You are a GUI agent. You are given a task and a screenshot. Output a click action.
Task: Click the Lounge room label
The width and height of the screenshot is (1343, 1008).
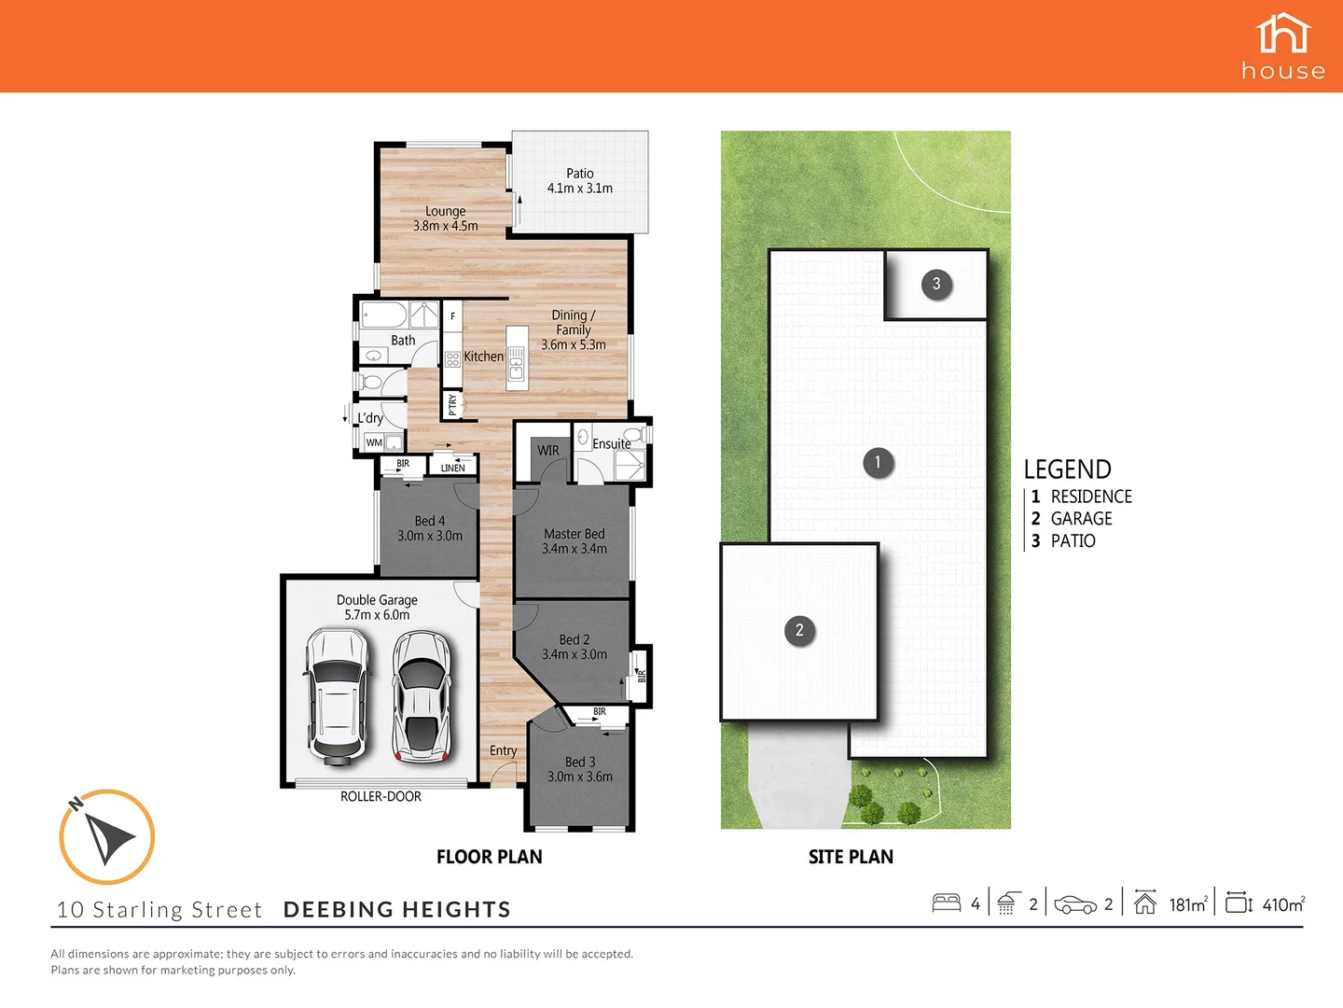[x=445, y=212]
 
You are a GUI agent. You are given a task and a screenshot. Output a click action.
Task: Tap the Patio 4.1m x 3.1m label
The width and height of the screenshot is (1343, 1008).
[x=579, y=181]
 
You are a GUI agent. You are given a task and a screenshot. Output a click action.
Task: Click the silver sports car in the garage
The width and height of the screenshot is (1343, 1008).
[x=422, y=695]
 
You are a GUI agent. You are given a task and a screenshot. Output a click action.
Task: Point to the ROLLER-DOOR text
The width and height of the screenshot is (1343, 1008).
[x=381, y=797]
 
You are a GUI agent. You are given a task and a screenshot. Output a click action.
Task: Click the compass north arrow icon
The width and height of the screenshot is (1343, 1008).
[x=106, y=836]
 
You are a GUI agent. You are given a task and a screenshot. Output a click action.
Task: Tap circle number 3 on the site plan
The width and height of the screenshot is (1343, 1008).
[x=936, y=284]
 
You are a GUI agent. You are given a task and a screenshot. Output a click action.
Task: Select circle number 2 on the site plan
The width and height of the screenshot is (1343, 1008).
[x=799, y=631]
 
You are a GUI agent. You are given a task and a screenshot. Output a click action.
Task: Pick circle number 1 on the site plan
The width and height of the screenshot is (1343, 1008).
[x=877, y=463]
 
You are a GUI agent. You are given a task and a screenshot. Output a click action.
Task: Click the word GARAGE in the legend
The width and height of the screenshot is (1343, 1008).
[x=1081, y=519]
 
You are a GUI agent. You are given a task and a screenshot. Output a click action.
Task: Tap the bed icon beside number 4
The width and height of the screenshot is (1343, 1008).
[x=947, y=903]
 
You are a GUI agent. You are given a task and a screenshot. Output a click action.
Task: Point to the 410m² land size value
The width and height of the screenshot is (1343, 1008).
[x=1282, y=904]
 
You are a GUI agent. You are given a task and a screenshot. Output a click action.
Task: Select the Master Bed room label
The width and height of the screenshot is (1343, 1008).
[x=574, y=534]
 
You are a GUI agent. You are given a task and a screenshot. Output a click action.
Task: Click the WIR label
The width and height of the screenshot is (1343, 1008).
[x=548, y=451]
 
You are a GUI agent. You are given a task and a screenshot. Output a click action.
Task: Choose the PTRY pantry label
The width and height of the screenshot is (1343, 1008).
[x=452, y=404]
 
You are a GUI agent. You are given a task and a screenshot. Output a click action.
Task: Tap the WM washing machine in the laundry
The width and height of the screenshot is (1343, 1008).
[x=374, y=442]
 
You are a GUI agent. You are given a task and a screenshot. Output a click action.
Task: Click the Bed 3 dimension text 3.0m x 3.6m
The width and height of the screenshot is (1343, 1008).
[x=579, y=777]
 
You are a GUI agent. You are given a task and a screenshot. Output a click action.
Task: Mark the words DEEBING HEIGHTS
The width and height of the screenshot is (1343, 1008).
[x=396, y=910]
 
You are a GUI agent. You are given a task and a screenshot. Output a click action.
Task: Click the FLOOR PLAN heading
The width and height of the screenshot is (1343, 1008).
[x=489, y=857]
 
